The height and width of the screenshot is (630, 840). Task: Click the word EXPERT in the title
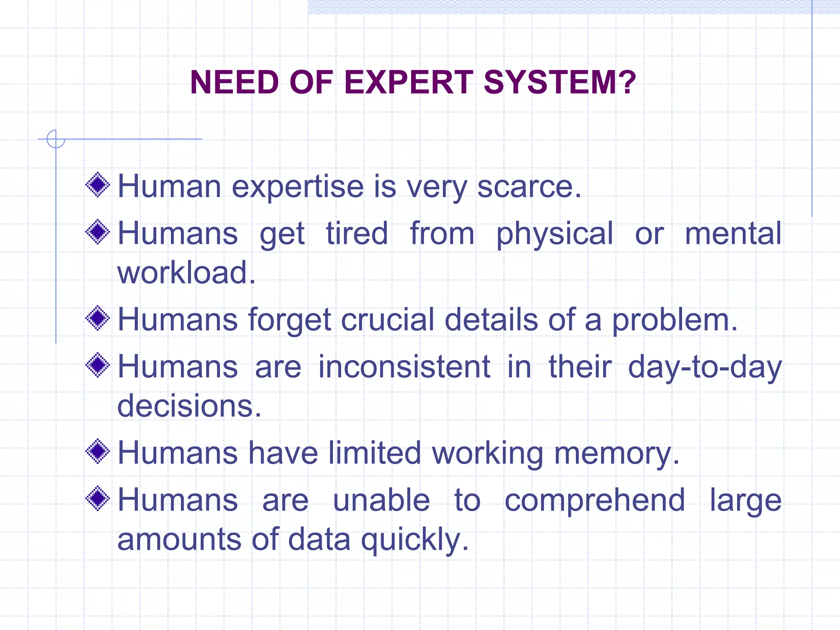[x=409, y=82]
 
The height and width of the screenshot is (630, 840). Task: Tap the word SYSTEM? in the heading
[x=560, y=82]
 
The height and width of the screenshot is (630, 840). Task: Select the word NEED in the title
[x=235, y=82]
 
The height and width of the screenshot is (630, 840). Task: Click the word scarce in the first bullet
[x=529, y=187]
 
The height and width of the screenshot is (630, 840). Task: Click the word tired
[x=357, y=233]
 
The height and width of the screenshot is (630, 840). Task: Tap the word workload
[x=186, y=272]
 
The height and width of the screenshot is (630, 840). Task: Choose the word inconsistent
[x=404, y=366]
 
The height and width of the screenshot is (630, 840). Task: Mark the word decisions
[x=189, y=406]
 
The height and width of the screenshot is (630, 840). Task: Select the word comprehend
[x=595, y=500]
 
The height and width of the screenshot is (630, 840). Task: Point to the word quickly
[x=415, y=540]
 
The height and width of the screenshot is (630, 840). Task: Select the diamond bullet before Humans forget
[x=98, y=318]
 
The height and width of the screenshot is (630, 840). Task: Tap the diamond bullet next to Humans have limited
[x=98, y=451]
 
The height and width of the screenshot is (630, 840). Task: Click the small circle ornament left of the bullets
[x=56, y=139]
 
